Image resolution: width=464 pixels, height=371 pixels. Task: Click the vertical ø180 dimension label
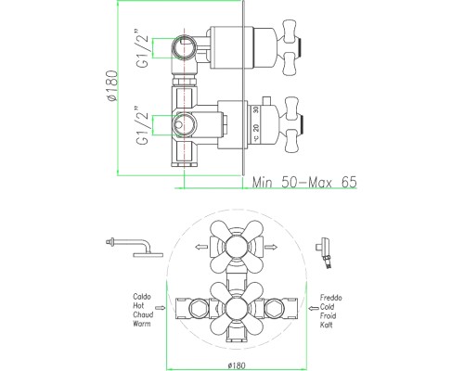point(111,85)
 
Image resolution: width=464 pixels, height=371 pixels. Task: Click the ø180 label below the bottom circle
point(237,365)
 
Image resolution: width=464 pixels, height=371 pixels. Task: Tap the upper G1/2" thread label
point(143,48)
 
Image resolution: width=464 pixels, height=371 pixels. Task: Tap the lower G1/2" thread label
point(143,125)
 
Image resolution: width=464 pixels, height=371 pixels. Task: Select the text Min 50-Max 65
point(304,183)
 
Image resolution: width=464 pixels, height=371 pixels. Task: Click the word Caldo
point(142,297)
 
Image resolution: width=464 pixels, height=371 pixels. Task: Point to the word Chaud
point(143,314)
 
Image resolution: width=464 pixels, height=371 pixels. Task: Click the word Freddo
point(331,298)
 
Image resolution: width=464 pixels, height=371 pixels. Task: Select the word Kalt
point(327,325)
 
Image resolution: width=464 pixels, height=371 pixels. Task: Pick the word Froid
point(328,316)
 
